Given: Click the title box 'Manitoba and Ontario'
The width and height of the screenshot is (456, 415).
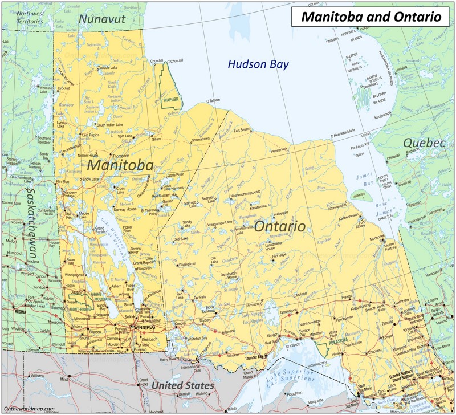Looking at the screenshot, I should tap(372, 17).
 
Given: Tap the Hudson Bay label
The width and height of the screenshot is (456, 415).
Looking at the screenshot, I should tap(258, 64).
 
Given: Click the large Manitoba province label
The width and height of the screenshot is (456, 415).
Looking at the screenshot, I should tap(120, 166).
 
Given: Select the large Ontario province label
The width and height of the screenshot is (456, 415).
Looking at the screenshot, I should tap(279, 226).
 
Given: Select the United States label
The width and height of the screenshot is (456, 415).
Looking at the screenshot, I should tap(182, 386).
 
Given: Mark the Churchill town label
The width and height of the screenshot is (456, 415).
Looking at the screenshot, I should tap(156, 61).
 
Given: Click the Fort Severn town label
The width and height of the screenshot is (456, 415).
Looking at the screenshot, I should tap(242, 130).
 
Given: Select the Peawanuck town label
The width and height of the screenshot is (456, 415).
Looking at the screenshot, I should tap(279, 150).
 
